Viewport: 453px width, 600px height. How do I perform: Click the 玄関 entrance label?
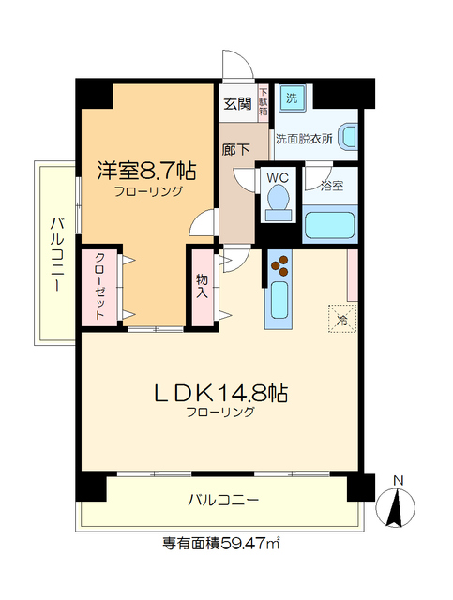(237, 104)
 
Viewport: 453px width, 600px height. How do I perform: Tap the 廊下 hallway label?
(235, 148)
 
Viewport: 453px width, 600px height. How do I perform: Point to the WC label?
(277, 177)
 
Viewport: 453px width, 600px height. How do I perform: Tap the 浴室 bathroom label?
(331, 185)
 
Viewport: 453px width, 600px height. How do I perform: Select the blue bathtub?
(329, 227)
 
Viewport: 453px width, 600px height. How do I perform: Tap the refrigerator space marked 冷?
(342, 317)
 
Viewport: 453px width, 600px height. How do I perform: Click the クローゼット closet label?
(98, 287)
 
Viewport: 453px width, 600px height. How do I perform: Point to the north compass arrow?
(399, 506)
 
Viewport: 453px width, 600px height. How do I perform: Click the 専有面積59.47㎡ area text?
(222, 542)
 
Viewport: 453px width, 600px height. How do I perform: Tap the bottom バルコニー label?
(223, 500)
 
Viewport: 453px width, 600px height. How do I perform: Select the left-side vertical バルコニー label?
(55, 253)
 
